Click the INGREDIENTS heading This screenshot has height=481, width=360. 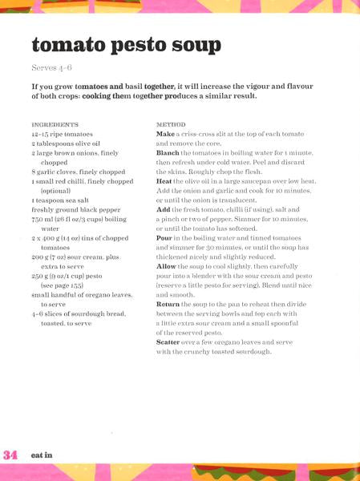point(55,125)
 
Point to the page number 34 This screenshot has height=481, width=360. point(10,455)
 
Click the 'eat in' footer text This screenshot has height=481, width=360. point(42,455)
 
